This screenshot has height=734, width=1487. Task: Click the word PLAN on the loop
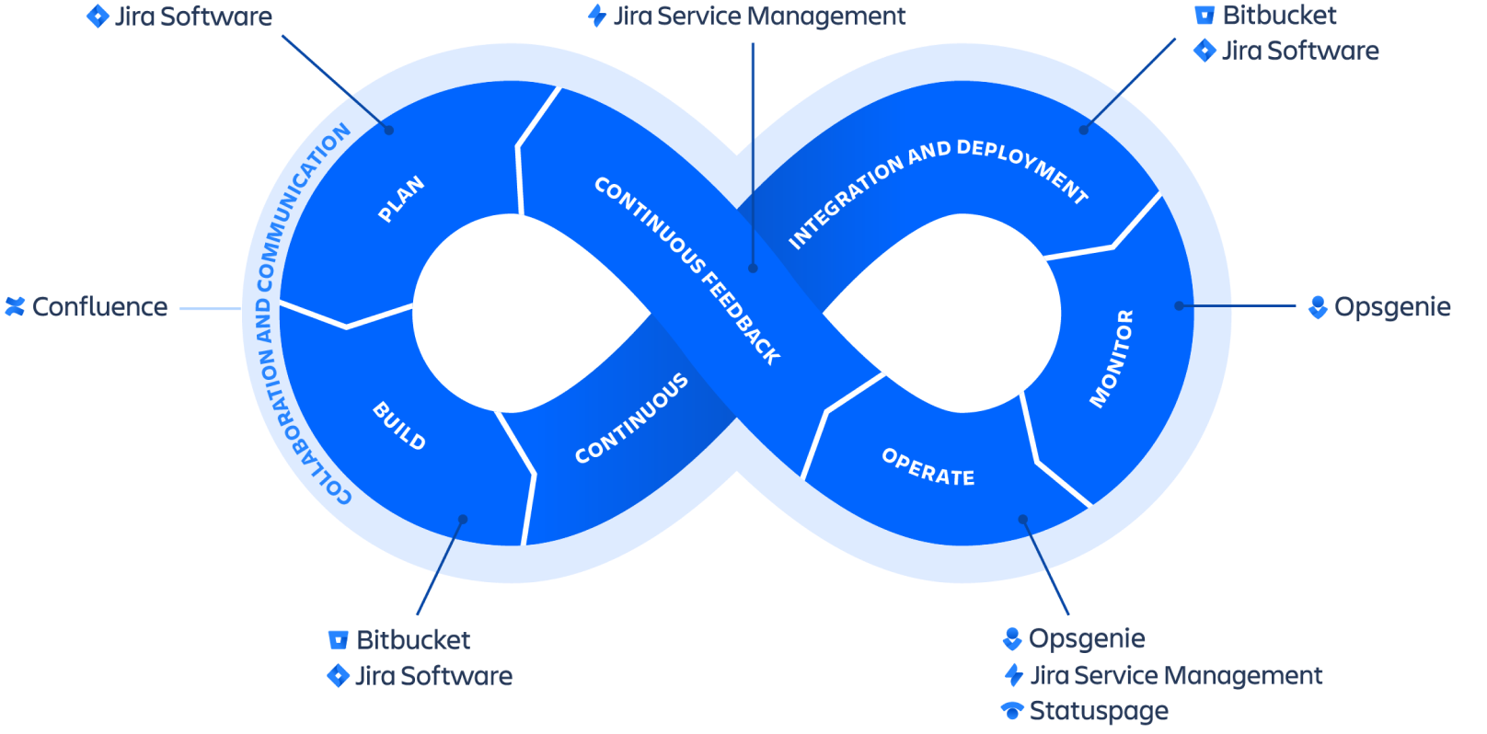(x=401, y=200)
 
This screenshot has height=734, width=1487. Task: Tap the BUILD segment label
(x=399, y=426)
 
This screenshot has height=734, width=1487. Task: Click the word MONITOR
(x=1112, y=358)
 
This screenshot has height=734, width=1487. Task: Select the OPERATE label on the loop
(x=928, y=467)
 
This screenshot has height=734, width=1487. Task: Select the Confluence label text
(x=100, y=307)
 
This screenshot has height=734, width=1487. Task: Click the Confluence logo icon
(x=15, y=306)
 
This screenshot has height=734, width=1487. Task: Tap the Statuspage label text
(x=1099, y=711)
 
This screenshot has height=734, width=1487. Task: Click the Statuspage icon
(x=1012, y=711)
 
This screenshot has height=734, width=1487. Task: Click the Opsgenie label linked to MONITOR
(x=1391, y=307)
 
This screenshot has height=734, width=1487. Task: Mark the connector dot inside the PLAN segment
(x=389, y=130)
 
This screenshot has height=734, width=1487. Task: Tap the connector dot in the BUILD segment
(x=463, y=520)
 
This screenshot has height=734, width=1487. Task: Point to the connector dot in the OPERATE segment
(x=1022, y=520)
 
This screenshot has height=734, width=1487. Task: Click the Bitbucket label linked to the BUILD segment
(x=413, y=640)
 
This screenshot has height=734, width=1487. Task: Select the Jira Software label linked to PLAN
(x=192, y=17)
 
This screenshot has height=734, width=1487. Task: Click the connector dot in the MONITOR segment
(x=1179, y=305)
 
